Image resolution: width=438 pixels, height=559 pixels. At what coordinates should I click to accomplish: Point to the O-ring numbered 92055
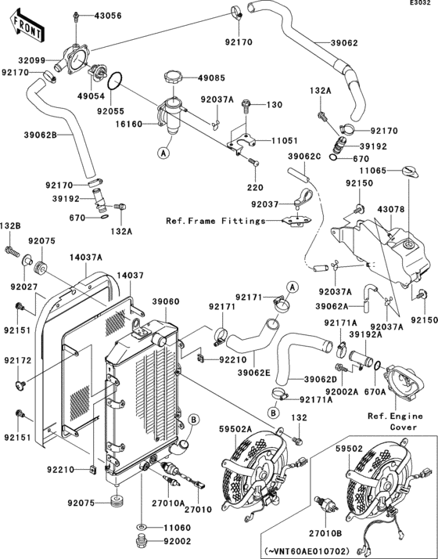(113, 81)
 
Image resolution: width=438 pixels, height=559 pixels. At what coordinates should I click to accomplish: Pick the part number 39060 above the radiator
(165, 301)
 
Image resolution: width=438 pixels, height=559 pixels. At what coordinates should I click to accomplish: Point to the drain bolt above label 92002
(143, 541)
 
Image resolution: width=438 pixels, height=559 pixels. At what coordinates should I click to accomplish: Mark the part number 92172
(16, 361)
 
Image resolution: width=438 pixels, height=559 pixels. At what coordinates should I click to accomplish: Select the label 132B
(10, 225)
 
